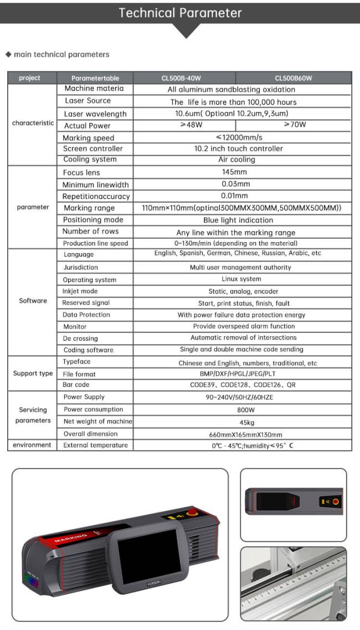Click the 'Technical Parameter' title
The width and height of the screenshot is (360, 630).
[x=180, y=13]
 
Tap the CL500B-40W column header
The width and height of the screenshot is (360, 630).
[x=185, y=78]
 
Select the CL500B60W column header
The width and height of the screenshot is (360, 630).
[x=293, y=78]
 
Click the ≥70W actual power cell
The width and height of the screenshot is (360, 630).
[x=294, y=125]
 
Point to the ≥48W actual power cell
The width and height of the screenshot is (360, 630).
[x=186, y=125]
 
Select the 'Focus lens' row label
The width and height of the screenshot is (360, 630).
[x=81, y=173]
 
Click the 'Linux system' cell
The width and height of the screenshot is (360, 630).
[x=241, y=279]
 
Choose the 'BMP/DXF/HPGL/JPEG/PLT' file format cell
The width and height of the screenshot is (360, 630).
[x=241, y=374]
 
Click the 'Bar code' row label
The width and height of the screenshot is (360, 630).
[x=76, y=385]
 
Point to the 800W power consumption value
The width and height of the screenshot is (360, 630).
[x=241, y=411]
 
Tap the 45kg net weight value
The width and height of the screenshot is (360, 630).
[x=241, y=423]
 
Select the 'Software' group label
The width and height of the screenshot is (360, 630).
[x=33, y=301]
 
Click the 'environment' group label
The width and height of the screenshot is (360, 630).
[x=32, y=445]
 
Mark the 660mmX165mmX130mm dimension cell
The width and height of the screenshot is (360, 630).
[x=241, y=434]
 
